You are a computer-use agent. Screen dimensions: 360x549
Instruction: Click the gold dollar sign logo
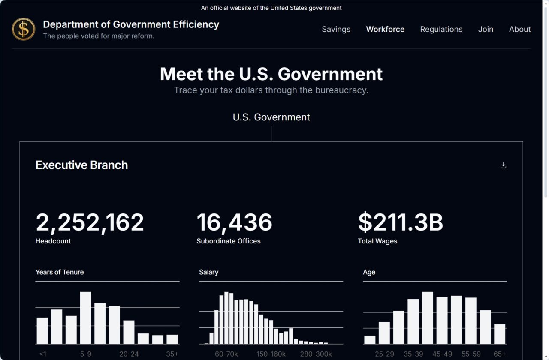[24, 29]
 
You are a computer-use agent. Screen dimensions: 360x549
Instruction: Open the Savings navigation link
[336, 29]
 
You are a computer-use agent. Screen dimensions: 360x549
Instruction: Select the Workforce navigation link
[385, 29]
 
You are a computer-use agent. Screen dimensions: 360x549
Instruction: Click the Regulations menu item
[441, 29]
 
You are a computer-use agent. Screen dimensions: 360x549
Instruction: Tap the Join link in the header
[486, 29]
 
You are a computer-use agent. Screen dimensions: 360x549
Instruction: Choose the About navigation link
[519, 29]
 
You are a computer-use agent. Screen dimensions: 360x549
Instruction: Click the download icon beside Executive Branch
[504, 165]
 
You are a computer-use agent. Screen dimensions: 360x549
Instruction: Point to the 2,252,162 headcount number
[90, 222]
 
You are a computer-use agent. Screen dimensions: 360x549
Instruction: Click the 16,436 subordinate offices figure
[234, 222]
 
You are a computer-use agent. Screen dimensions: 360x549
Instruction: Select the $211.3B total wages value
[400, 222]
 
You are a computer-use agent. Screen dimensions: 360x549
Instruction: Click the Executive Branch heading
[81, 165]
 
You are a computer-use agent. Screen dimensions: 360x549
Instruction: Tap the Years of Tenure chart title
[60, 272]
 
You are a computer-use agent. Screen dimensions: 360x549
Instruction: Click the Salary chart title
[208, 272]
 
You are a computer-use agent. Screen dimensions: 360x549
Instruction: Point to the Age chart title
[369, 272]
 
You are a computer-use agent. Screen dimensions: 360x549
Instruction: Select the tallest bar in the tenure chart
[85, 318]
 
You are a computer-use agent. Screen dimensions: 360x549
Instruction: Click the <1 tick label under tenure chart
[42, 354]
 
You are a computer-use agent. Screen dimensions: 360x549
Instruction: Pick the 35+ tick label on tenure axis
[172, 354]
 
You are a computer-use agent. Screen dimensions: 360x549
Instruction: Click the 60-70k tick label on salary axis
[226, 354]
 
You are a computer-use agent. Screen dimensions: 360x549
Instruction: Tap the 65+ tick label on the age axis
[499, 354]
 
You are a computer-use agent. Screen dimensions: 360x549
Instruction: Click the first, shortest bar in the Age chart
[370, 339]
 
